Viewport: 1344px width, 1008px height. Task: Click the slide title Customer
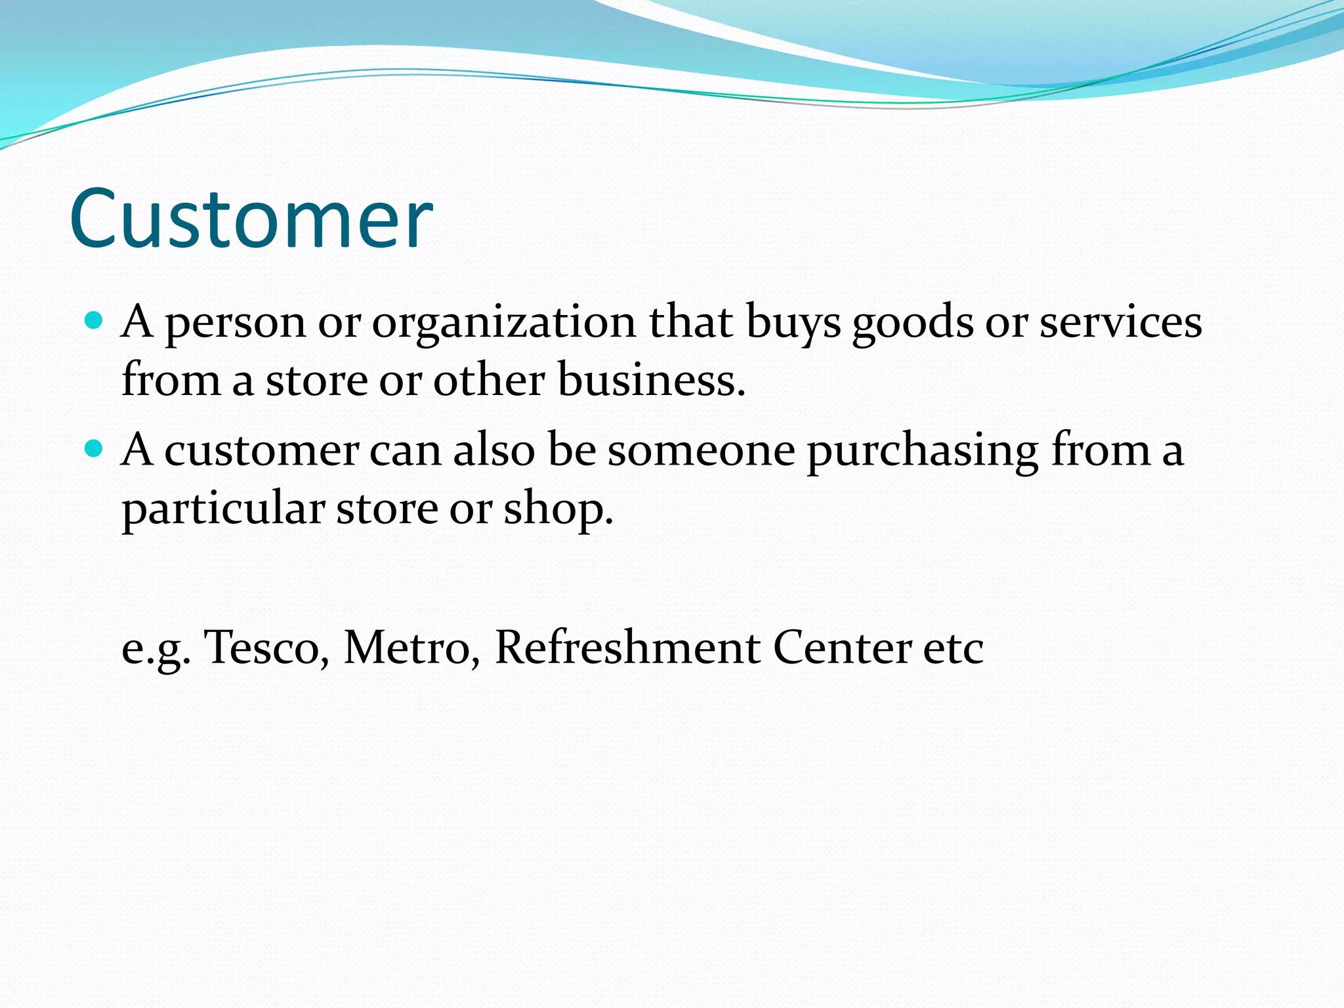pos(251,219)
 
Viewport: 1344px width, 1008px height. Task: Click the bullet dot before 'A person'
pos(95,321)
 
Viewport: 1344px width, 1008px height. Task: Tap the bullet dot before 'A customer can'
pos(95,449)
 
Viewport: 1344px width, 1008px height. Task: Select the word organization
pos(504,324)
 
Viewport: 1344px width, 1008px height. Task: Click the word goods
pos(912,324)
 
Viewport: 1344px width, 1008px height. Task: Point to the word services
pos(1120,322)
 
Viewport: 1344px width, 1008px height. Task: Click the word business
pos(651,380)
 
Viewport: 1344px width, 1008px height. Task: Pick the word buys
pos(793,324)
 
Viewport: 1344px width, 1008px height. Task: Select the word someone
pos(701,451)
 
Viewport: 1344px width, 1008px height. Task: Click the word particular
pos(223,509)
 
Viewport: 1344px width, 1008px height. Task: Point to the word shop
pos(558,509)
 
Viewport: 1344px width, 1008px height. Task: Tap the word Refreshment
pos(627,648)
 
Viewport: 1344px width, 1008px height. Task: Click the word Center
pos(842,648)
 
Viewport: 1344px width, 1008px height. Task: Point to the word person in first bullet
pos(235,324)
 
